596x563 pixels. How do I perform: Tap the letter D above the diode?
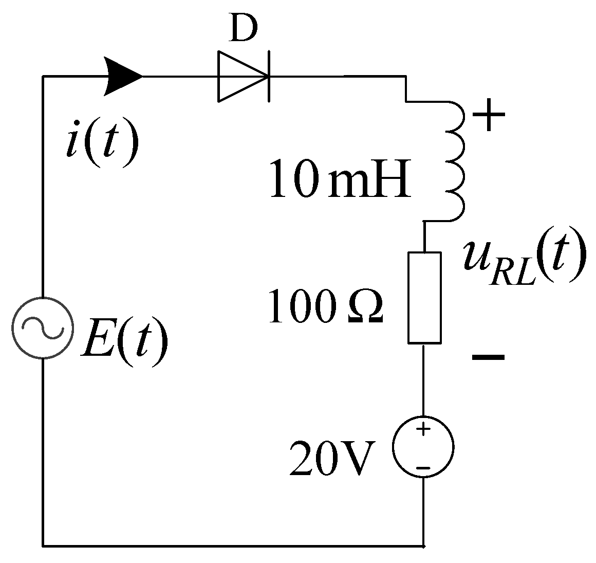coord(243,31)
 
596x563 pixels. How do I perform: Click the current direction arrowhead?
coord(123,77)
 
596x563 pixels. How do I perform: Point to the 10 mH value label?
coord(340,180)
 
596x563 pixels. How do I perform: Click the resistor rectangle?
coord(424,297)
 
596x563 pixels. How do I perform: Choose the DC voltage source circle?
coord(423,446)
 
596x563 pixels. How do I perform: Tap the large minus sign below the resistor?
coord(488,356)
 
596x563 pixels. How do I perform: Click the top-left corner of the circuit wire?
coord(43,77)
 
